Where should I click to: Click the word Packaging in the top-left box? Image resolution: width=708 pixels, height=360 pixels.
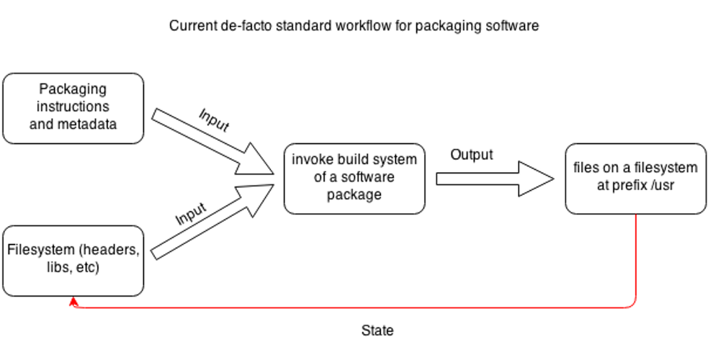pos(73,89)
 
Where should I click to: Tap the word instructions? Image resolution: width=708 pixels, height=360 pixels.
pos(73,107)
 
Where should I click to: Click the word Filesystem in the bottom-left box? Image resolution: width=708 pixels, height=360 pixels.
pos(42,251)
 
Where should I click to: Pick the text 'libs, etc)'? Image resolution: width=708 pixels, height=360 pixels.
pos(73,269)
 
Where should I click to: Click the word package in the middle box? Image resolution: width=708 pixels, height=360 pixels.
pos(354,194)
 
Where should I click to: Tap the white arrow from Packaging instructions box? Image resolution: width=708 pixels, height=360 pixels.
pos(209,142)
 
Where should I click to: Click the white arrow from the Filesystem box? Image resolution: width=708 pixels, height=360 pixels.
pos(209,223)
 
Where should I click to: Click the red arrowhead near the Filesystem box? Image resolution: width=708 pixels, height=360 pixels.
pos(73,302)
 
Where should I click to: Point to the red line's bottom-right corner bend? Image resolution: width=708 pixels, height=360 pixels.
pos(635,305)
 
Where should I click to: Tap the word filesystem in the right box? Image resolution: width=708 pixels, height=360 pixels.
pos(663,168)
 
